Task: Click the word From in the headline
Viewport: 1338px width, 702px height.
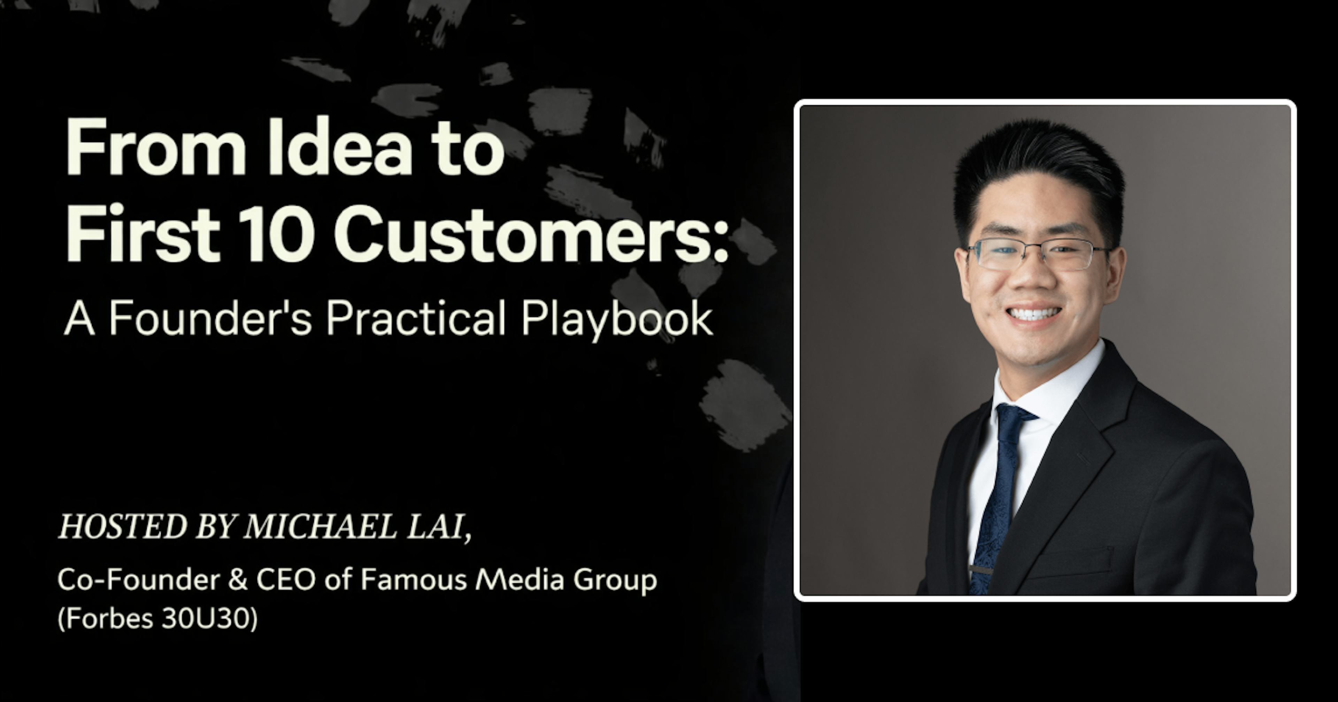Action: click(x=156, y=148)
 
